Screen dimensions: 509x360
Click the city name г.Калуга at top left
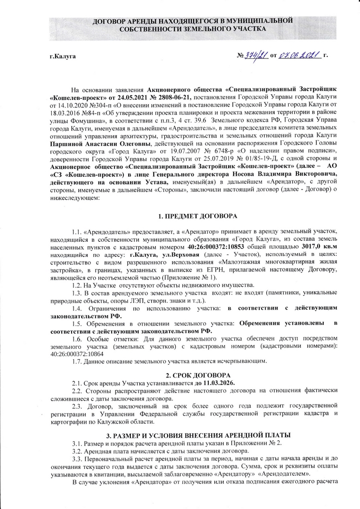click(x=63, y=57)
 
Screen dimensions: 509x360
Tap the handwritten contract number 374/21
click(x=255, y=56)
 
